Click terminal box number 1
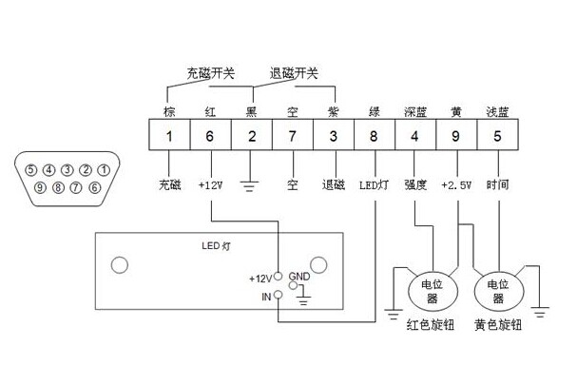(x=168, y=136)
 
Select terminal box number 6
(x=209, y=136)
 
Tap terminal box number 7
(x=292, y=136)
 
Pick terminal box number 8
(x=374, y=136)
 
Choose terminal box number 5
(x=497, y=136)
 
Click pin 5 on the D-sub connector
(x=32, y=170)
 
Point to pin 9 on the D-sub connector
(x=41, y=187)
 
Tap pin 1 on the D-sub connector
(x=103, y=170)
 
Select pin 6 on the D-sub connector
(x=94, y=187)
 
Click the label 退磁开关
(x=294, y=72)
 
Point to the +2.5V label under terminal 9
(x=458, y=184)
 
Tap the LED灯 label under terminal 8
(x=374, y=184)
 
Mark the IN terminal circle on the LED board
(x=278, y=296)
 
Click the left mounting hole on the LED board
(x=121, y=264)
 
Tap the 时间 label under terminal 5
(x=497, y=184)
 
